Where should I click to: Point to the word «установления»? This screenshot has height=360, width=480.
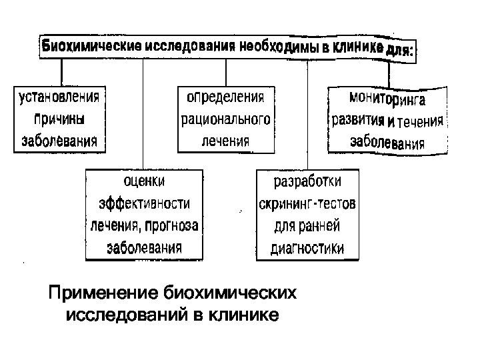point(59,97)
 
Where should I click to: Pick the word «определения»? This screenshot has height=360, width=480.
point(225,97)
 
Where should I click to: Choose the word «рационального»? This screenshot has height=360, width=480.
point(225,119)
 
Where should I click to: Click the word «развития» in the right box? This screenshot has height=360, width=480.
point(359,121)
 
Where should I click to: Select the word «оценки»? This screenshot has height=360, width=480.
point(143,181)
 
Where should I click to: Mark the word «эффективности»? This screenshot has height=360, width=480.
point(144,203)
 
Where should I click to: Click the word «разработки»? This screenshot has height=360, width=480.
point(307,181)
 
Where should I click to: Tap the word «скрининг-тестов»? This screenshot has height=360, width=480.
point(307,203)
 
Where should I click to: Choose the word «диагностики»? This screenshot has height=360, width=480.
point(307,249)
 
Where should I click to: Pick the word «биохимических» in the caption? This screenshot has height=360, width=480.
point(230,293)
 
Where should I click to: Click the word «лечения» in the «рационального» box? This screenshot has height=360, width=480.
point(225,141)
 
